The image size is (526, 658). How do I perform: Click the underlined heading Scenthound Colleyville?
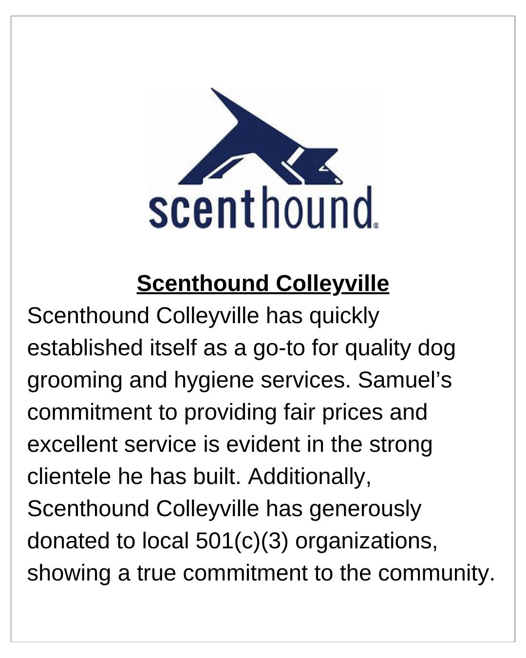tap(263, 284)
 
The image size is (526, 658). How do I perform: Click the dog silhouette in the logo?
tap(253, 146)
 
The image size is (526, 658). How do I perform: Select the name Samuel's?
tap(405, 380)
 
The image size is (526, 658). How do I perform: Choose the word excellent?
tap(72, 445)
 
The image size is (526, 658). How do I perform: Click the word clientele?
tap(69, 477)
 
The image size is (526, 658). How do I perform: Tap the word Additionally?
tap(309, 477)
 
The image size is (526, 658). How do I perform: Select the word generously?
tap(365, 509)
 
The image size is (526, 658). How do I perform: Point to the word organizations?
tap(366, 541)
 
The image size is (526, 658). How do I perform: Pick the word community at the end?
tap(436, 573)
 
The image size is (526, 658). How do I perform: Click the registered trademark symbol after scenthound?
tap(376, 226)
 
